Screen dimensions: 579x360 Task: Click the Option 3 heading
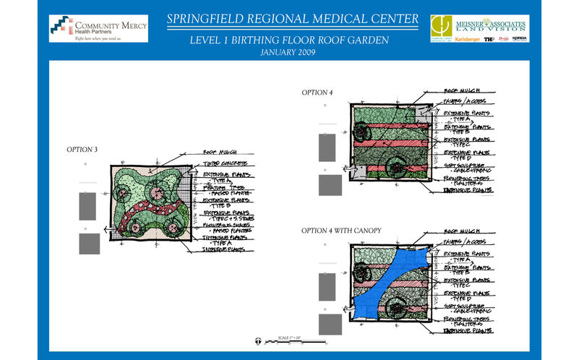click(82, 149)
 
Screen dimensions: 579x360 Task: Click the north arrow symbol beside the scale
click(259, 340)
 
